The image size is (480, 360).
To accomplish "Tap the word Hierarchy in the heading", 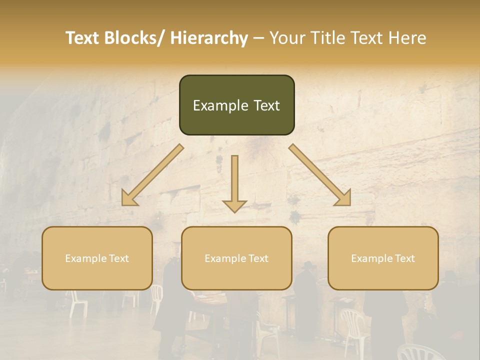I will coord(209,38).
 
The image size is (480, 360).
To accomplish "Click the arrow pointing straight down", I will coord(234,182).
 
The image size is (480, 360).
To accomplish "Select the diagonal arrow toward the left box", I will coord(152,175).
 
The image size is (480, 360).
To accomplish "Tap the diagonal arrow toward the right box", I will coord(320,175).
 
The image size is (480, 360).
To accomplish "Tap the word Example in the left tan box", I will coord(85,258).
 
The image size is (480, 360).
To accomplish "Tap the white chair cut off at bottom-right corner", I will coord(420,352).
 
